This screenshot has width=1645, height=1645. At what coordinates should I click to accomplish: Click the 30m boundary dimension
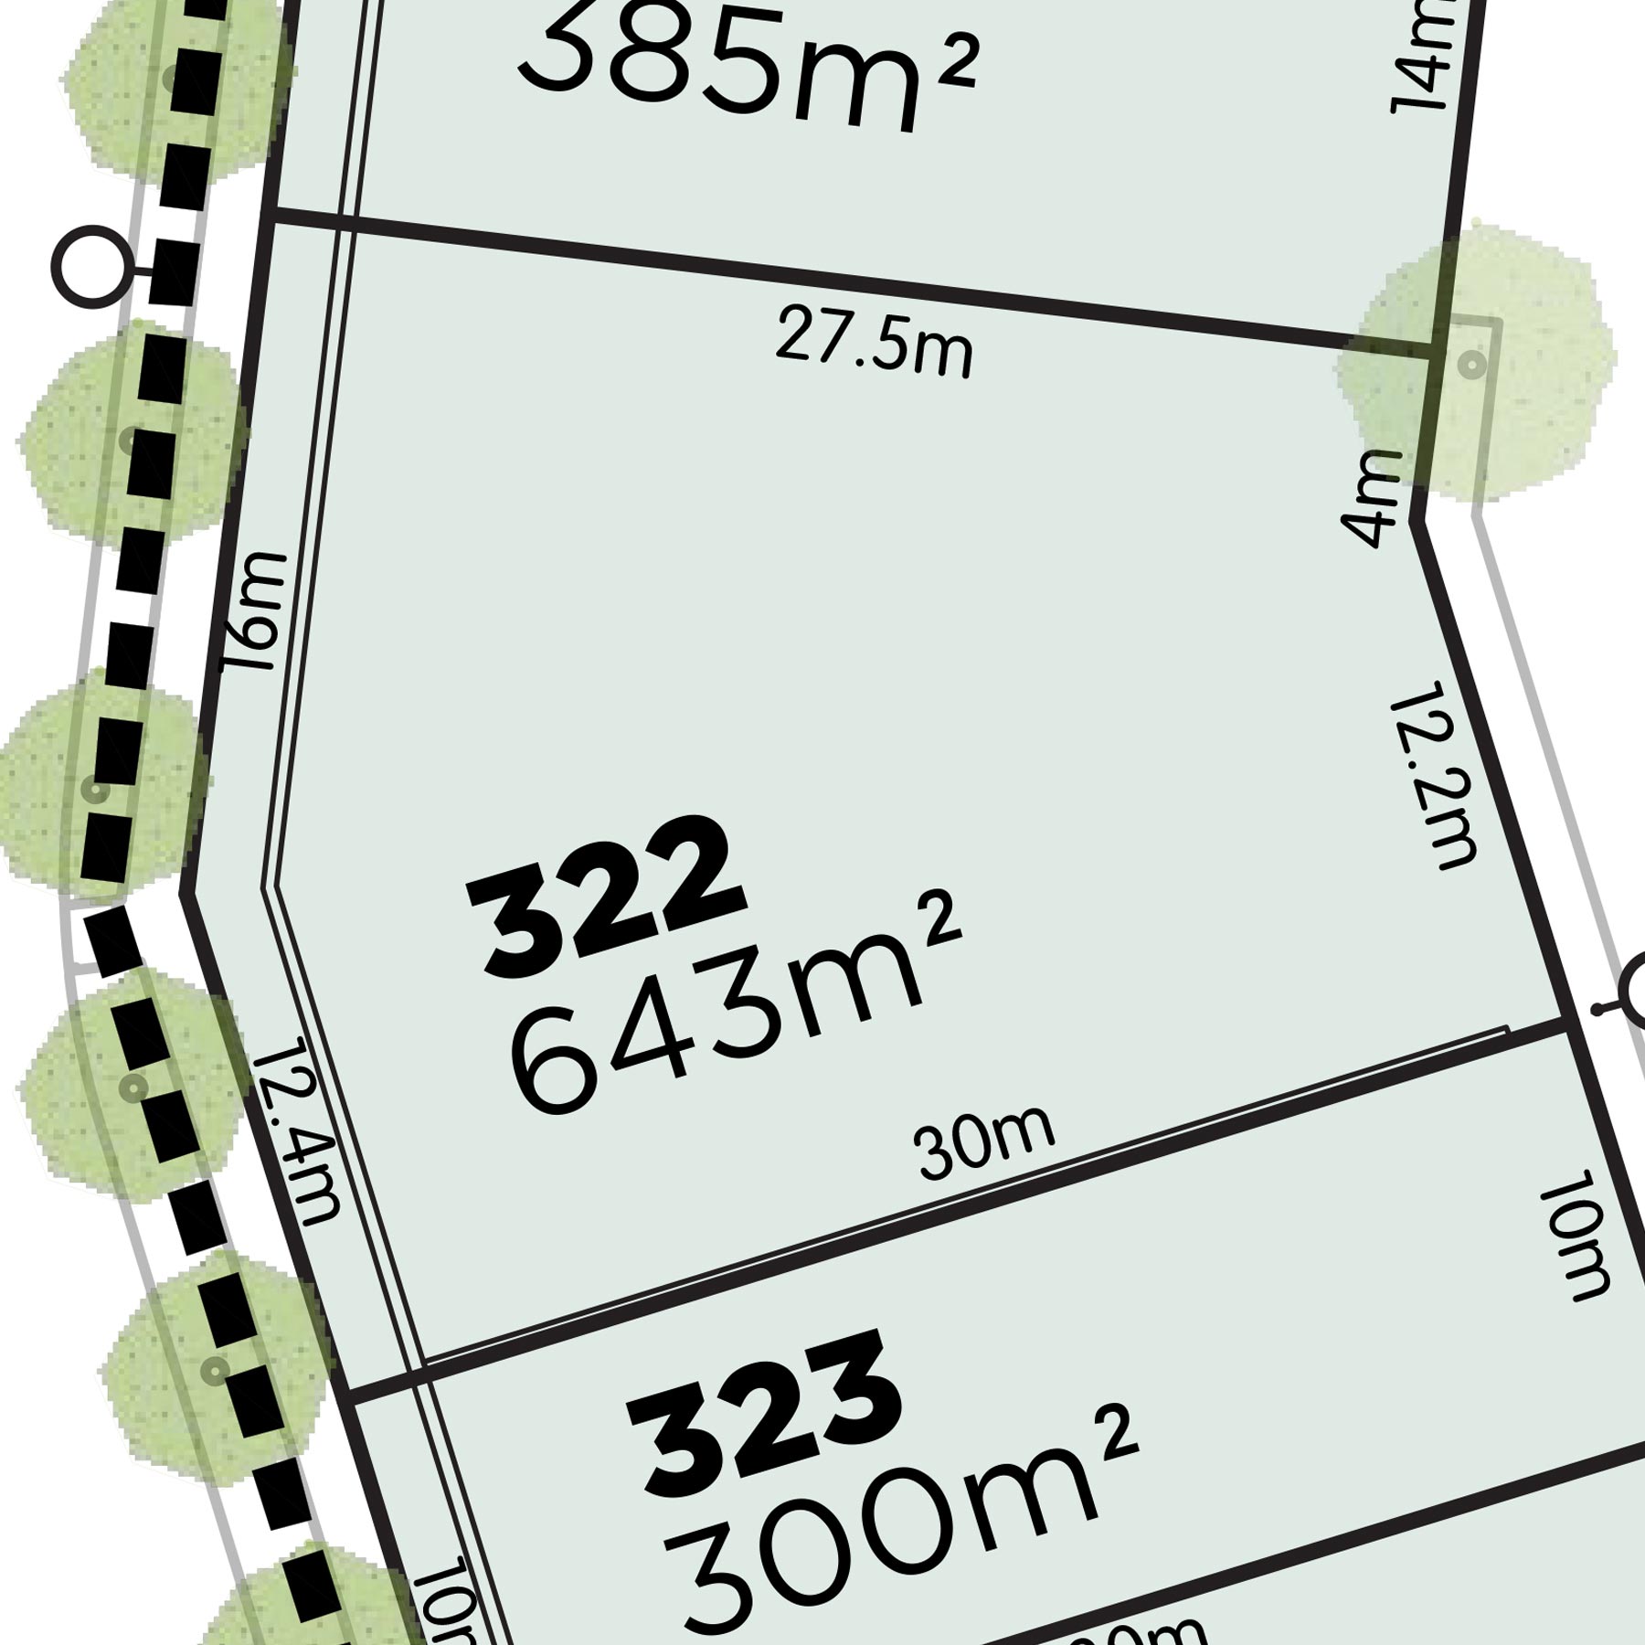coord(985,1142)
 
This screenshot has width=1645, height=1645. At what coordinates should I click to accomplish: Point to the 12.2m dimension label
coord(1433,773)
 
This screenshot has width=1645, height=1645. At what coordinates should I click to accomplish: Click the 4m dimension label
coord(1371,498)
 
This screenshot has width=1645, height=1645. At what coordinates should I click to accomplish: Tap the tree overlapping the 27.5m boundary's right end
coord(1476,361)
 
